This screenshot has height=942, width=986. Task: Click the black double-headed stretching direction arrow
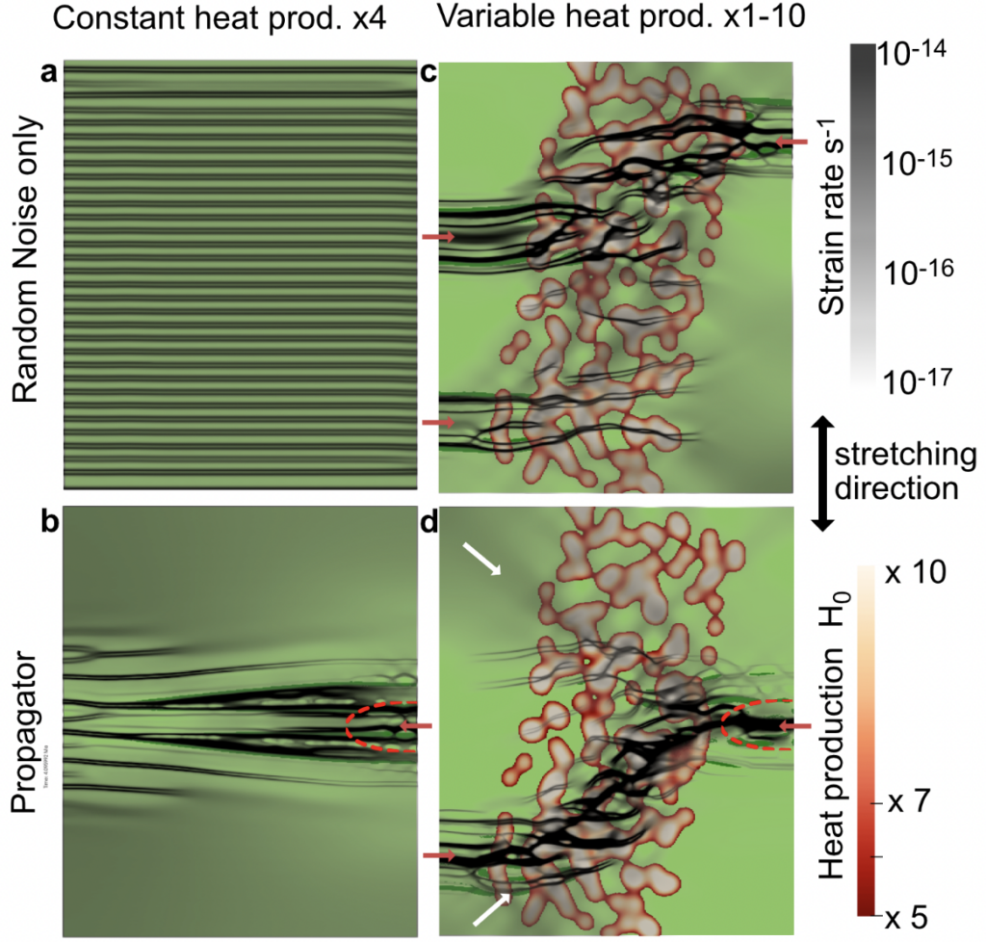tap(821, 474)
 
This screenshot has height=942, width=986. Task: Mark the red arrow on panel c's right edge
tap(792, 143)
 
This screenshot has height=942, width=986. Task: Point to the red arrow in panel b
tap(416, 725)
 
